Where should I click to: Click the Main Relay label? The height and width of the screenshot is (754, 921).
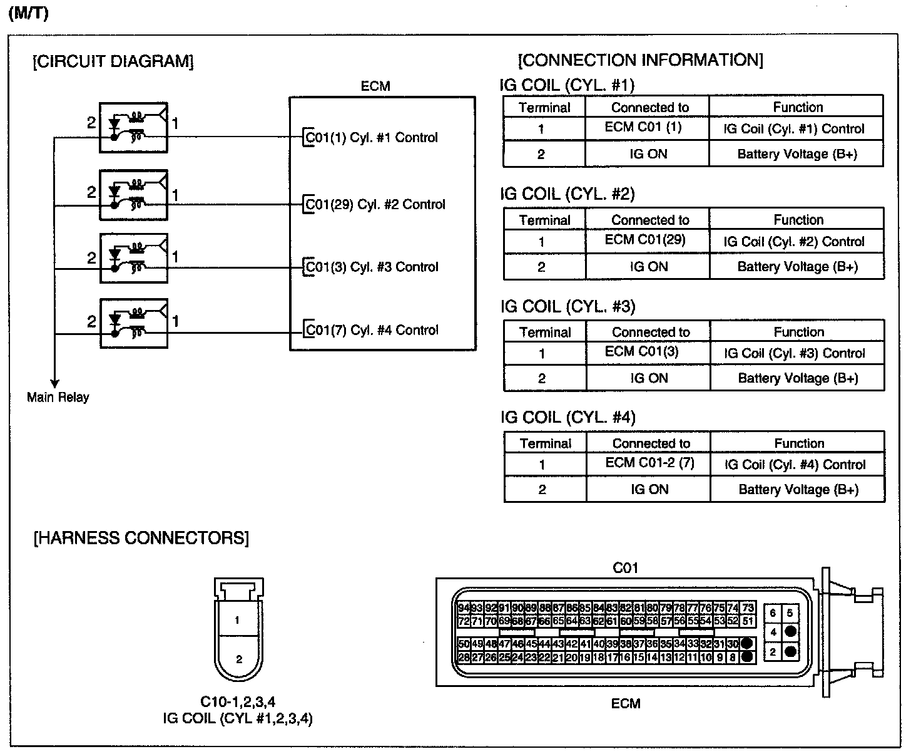pos(58,397)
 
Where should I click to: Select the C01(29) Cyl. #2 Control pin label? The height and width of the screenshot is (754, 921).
pos(374,205)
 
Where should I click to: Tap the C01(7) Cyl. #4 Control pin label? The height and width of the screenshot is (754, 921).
pos(371,330)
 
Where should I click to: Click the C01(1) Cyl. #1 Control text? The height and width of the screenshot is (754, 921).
pos(371,138)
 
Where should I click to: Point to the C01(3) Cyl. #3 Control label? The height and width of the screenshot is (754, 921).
pos(371,267)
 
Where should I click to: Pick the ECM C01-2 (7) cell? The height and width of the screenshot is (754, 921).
pos(649,463)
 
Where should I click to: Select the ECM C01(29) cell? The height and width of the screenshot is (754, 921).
pos(645,240)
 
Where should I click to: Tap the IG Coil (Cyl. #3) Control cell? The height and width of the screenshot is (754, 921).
pos(794,353)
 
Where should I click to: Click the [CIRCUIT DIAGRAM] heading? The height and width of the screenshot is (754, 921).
pos(113,61)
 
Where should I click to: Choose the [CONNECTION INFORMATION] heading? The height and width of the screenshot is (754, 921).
pos(641,60)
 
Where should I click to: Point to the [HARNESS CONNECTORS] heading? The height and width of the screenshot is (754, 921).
pos(141,538)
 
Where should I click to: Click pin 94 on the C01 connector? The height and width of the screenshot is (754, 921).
pos(464,608)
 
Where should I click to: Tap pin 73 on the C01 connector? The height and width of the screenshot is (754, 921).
pos(748,608)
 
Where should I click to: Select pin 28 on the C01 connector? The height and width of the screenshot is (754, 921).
pos(464,658)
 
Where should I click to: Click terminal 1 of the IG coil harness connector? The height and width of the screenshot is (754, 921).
pos(237,621)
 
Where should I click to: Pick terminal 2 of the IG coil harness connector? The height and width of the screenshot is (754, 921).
pos(239,659)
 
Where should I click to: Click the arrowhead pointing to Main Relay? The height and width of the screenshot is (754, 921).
pos(55,383)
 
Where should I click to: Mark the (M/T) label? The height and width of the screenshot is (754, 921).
pos(28,14)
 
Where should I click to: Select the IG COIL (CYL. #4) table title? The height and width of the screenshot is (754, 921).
pos(567,417)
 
